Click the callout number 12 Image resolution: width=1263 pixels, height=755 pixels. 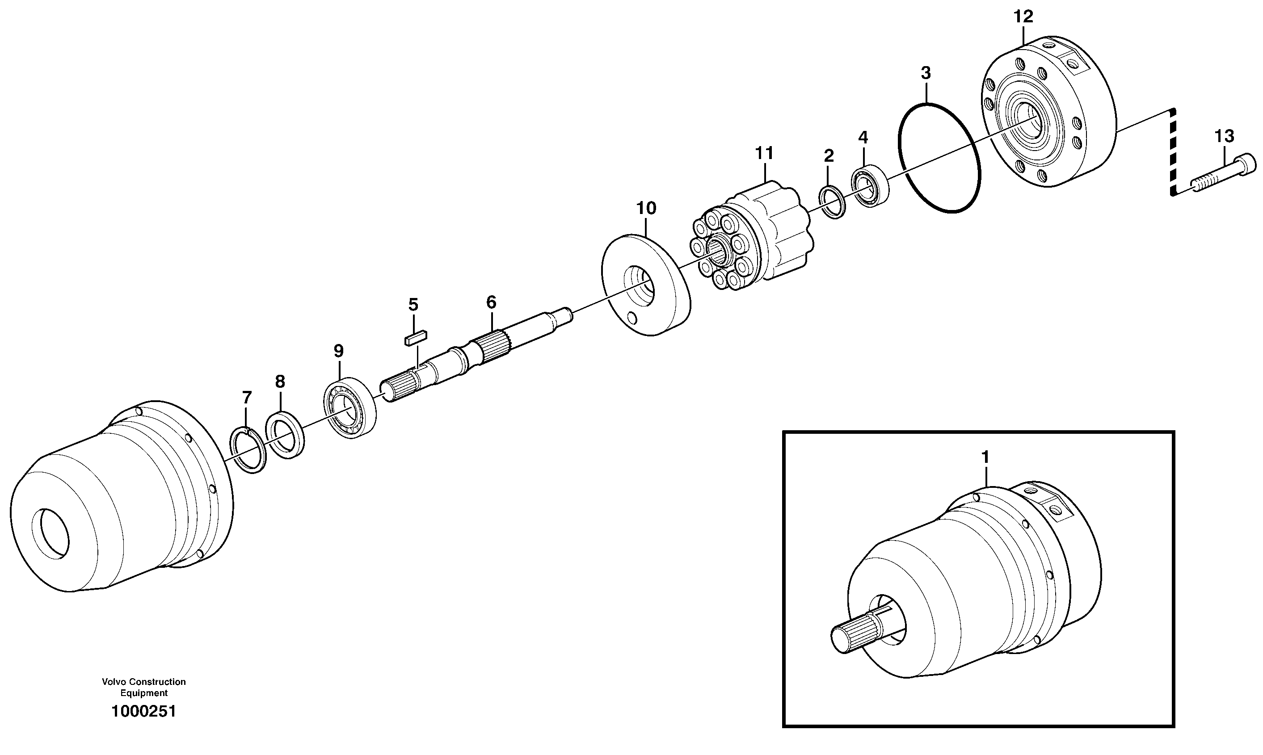1023,17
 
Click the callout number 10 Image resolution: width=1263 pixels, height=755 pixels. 646,208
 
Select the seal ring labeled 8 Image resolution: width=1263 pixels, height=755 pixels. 286,435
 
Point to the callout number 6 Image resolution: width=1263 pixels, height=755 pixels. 491,302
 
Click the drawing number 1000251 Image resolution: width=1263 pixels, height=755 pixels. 143,711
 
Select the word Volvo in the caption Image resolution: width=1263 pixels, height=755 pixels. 114,682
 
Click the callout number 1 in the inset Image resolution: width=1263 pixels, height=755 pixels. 985,457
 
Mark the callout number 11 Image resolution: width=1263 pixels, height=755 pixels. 764,153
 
